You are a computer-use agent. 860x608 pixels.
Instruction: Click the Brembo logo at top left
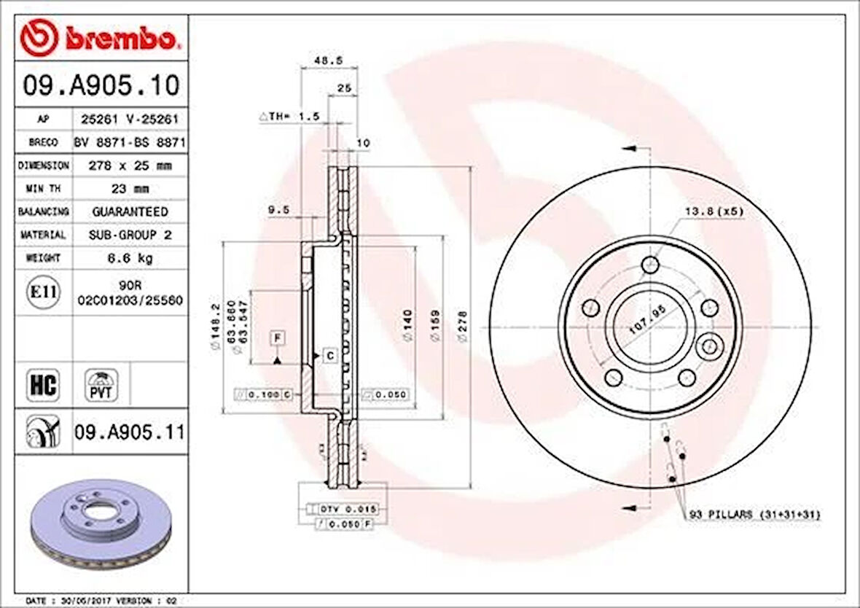(x=98, y=38)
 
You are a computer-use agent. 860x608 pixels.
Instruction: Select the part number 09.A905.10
(x=101, y=86)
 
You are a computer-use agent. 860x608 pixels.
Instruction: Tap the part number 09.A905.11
(x=129, y=433)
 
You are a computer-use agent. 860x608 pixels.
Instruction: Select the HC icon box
(x=42, y=384)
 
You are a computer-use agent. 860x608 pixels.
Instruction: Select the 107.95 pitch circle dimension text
(x=647, y=321)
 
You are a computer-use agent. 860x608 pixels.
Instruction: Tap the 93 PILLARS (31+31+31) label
(x=754, y=515)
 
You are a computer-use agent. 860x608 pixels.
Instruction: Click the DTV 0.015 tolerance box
(x=343, y=508)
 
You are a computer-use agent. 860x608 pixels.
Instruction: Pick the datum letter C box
(x=329, y=355)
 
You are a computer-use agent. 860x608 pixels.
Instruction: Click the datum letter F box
(x=278, y=338)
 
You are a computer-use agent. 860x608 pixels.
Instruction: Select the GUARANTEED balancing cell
(x=130, y=211)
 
